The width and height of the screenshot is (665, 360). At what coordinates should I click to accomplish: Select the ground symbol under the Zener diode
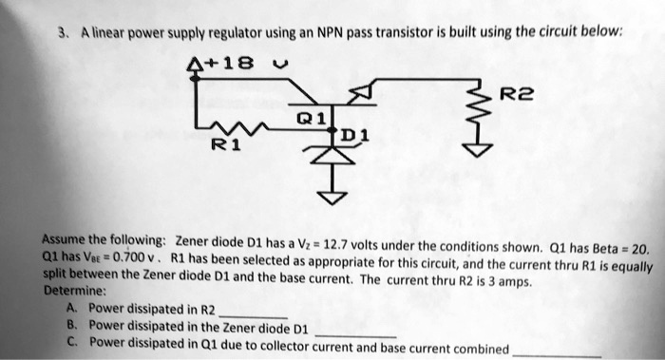[x=332, y=197]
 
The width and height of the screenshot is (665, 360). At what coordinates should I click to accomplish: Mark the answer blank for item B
[x=357, y=333]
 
